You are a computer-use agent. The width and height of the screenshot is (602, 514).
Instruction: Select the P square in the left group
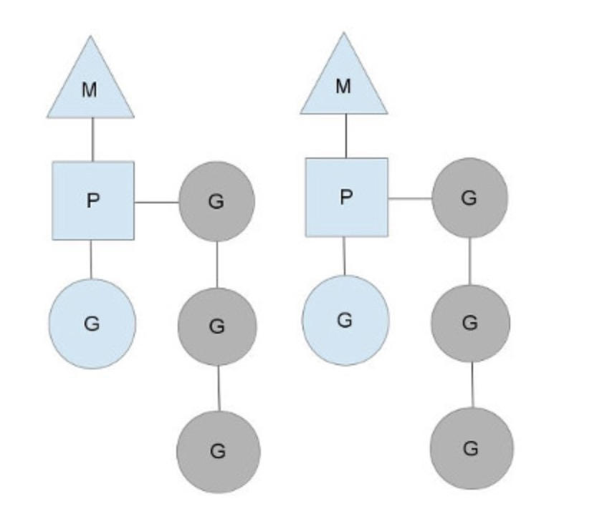point(92,200)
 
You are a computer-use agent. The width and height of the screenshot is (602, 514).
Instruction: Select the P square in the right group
point(346,197)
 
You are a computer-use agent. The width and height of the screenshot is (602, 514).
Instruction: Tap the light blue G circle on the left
point(92,324)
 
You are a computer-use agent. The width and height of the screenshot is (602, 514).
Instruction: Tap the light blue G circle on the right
point(345,320)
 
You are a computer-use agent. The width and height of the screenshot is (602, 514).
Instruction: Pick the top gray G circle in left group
point(216,201)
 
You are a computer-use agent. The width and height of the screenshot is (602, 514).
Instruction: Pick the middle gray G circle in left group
point(216,326)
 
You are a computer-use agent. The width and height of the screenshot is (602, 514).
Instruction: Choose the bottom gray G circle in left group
point(218,451)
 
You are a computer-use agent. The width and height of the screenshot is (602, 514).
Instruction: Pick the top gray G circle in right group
point(469,198)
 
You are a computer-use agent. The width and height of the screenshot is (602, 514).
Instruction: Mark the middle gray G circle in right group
point(470,323)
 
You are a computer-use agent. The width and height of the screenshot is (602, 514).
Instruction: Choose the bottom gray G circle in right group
point(471,448)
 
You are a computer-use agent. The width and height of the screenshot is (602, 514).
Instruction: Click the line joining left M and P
point(92,140)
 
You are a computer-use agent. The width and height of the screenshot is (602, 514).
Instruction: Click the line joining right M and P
point(345,136)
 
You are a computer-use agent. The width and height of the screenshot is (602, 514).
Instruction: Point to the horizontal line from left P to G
point(156,202)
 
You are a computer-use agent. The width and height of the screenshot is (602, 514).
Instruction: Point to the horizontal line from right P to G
point(410,198)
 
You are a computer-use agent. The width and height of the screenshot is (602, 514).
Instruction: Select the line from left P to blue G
point(91,259)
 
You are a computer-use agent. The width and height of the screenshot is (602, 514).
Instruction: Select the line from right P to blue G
point(345,256)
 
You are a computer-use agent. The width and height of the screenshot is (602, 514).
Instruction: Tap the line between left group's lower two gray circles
point(218,388)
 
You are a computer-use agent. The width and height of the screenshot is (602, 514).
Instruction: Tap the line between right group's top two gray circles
point(469,261)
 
